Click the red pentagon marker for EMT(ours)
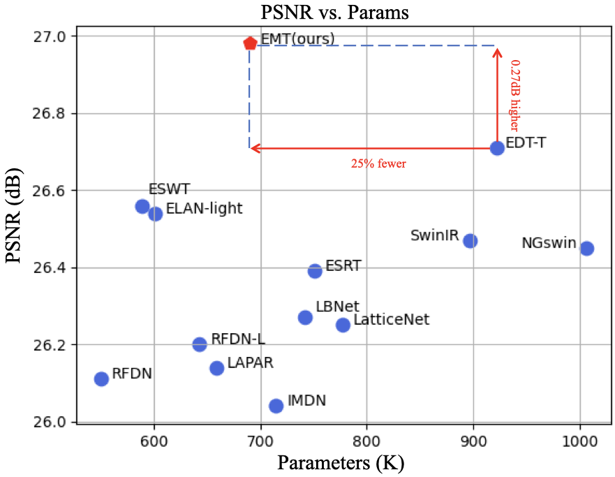[x=250, y=43]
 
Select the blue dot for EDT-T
[x=497, y=148]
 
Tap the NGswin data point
[x=587, y=248]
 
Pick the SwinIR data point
[x=470, y=241]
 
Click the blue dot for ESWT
[x=142, y=206]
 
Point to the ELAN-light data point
[x=156, y=214]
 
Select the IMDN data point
[x=276, y=406]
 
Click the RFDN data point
[x=101, y=379]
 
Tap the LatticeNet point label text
[x=391, y=321]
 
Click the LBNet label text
[x=337, y=306]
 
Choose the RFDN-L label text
[x=238, y=339]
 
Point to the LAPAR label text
[x=250, y=363]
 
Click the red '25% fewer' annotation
[x=378, y=164]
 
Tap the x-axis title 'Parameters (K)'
[x=341, y=463]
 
